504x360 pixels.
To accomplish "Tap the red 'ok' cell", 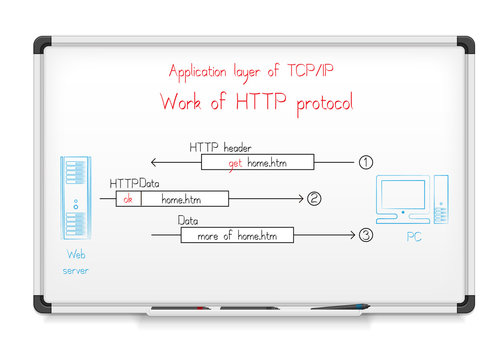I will (127, 199).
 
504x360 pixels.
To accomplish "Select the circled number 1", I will (366, 161).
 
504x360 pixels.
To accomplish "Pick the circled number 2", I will (315, 199).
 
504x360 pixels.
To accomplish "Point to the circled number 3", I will (366, 236).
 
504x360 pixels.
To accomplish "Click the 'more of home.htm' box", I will (237, 236).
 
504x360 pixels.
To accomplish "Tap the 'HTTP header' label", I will (221, 147).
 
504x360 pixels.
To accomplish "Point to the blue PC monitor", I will (403, 194).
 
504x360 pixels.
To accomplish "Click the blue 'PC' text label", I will (414, 238).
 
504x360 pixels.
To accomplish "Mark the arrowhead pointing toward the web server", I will (154, 161).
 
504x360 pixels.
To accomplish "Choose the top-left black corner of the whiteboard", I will (42, 45).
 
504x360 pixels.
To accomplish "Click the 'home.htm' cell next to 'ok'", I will (183, 199).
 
